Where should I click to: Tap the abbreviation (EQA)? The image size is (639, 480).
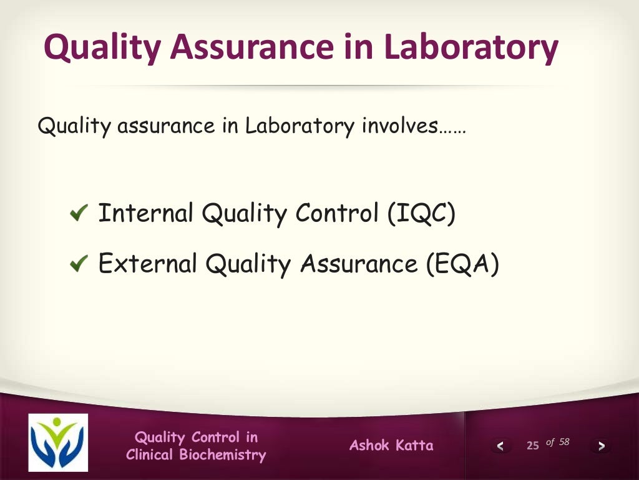tap(463, 264)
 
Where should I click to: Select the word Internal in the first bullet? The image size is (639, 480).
tap(146, 214)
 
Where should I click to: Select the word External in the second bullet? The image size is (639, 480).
tap(148, 264)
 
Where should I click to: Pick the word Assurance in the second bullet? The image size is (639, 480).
tap(358, 264)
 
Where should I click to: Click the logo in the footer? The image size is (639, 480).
tap(58, 442)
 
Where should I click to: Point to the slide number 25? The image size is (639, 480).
tap(532, 446)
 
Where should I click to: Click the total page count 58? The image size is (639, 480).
tap(564, 442)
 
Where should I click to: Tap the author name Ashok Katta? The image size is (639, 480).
tap(391, 446)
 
